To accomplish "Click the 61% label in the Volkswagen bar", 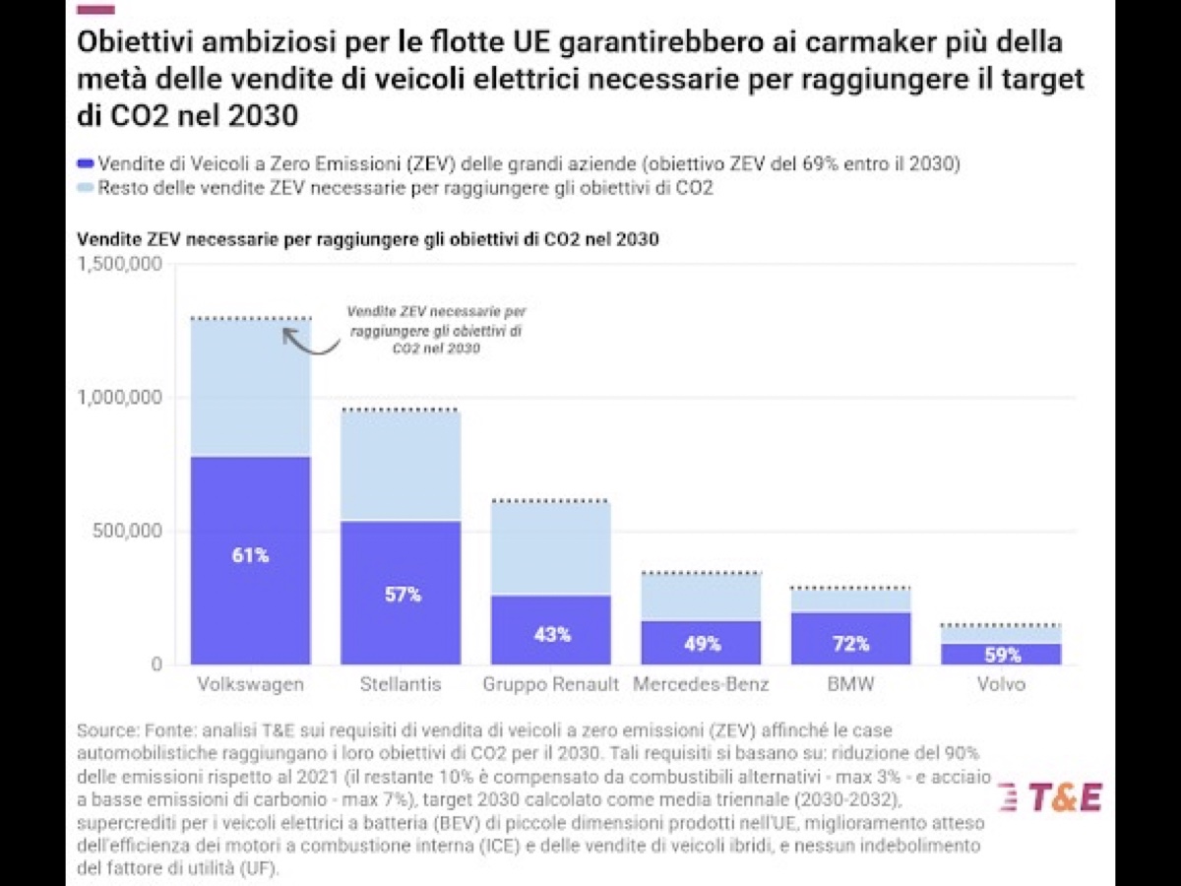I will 251,555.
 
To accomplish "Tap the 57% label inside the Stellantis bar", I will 403,595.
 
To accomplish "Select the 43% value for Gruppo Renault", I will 552,634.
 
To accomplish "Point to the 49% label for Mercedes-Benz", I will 702,644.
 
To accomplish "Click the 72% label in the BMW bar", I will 851,644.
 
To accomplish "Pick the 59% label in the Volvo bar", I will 1001,655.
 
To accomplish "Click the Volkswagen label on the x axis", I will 251,684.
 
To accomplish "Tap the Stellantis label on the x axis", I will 402,684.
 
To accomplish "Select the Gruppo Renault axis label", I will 552,684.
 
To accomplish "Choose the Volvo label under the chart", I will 1001,684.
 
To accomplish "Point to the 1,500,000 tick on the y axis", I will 119,265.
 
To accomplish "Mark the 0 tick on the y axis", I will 156,665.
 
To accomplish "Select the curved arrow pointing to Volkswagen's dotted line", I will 309,342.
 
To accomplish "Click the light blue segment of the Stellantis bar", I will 402,466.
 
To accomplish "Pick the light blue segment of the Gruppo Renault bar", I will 552,548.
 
